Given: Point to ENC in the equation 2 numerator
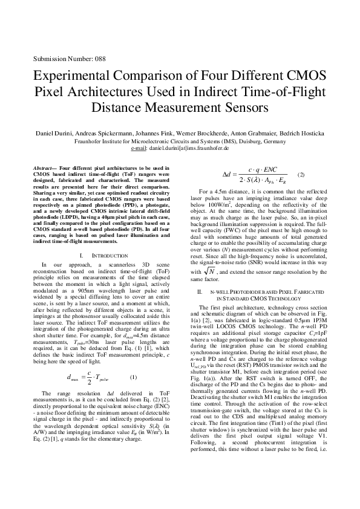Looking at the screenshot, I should pyautogui.click(x=269, y=169).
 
